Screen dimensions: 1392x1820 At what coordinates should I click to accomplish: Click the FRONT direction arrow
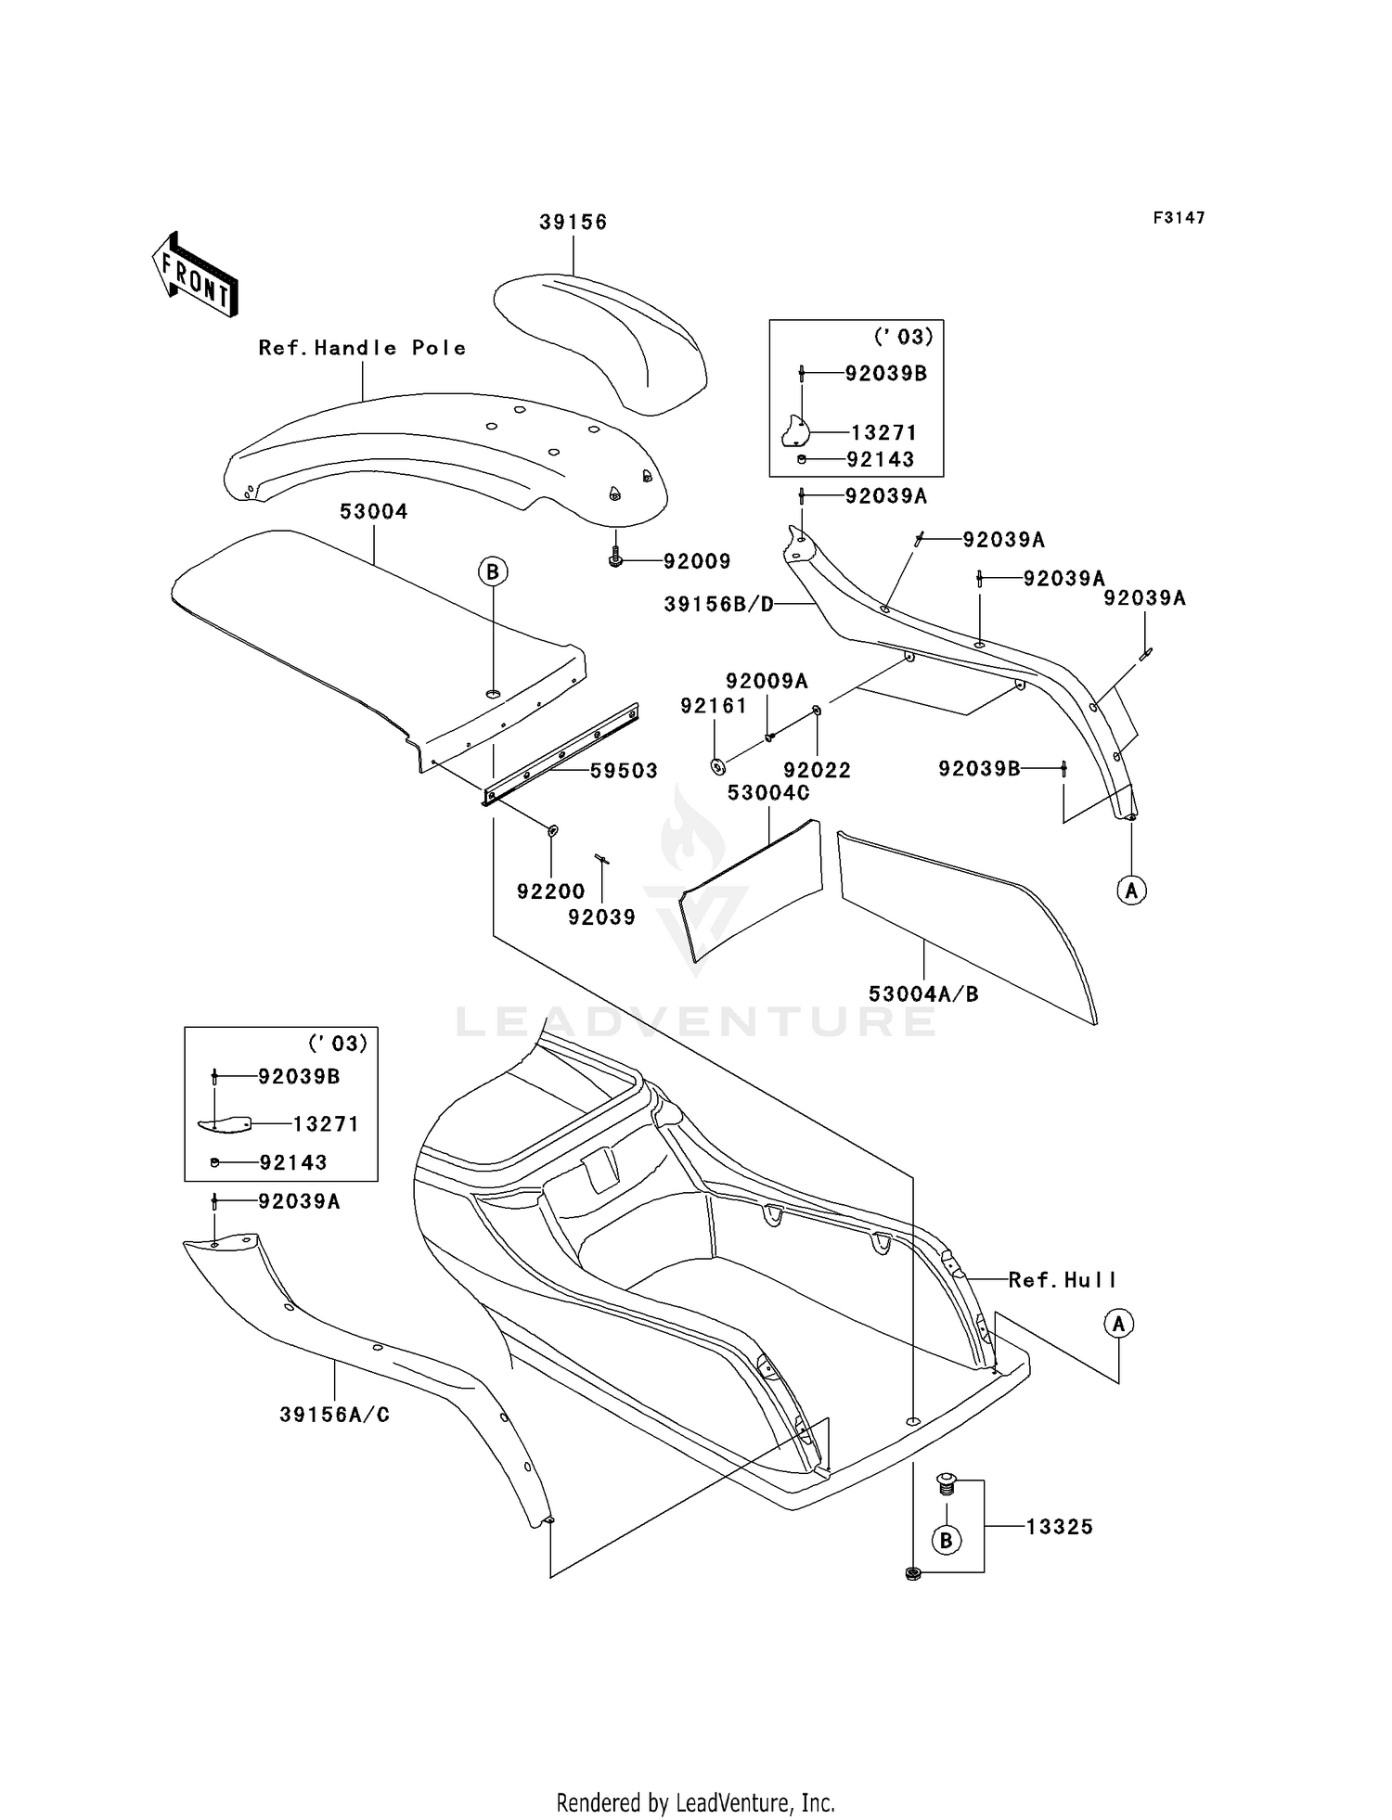pos(195,275)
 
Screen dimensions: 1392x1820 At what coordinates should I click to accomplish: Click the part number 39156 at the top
pos(574,222)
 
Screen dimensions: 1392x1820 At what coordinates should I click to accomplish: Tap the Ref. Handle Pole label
pos(362,348)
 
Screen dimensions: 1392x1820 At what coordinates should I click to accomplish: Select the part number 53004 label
pos(374,511)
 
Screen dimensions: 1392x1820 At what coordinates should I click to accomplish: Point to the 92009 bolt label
pos(697,561)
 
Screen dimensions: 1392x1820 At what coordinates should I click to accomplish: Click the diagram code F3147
pos(1179,218)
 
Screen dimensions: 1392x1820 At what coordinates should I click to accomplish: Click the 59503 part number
pos(624,771)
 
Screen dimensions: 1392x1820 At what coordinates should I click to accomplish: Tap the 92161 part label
pos(714,706)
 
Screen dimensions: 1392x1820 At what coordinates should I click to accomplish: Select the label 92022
pos(817,770)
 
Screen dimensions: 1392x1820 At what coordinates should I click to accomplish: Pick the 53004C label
pos(768,793)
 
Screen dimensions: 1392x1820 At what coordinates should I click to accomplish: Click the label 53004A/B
pos(923,993)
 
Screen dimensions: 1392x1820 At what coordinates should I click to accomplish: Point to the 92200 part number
pos(551,891)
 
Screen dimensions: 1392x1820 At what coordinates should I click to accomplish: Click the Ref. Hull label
pos(1063,1280)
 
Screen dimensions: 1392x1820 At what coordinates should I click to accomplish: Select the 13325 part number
pos(1060,1527)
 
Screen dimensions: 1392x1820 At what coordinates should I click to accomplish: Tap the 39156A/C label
pos(335,1416)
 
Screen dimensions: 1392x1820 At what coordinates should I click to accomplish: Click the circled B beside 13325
pos(946,1541)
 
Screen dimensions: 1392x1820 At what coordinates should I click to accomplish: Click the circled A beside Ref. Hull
pos(1118,1324)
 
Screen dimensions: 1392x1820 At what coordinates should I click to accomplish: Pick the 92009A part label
pos(767,681)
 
